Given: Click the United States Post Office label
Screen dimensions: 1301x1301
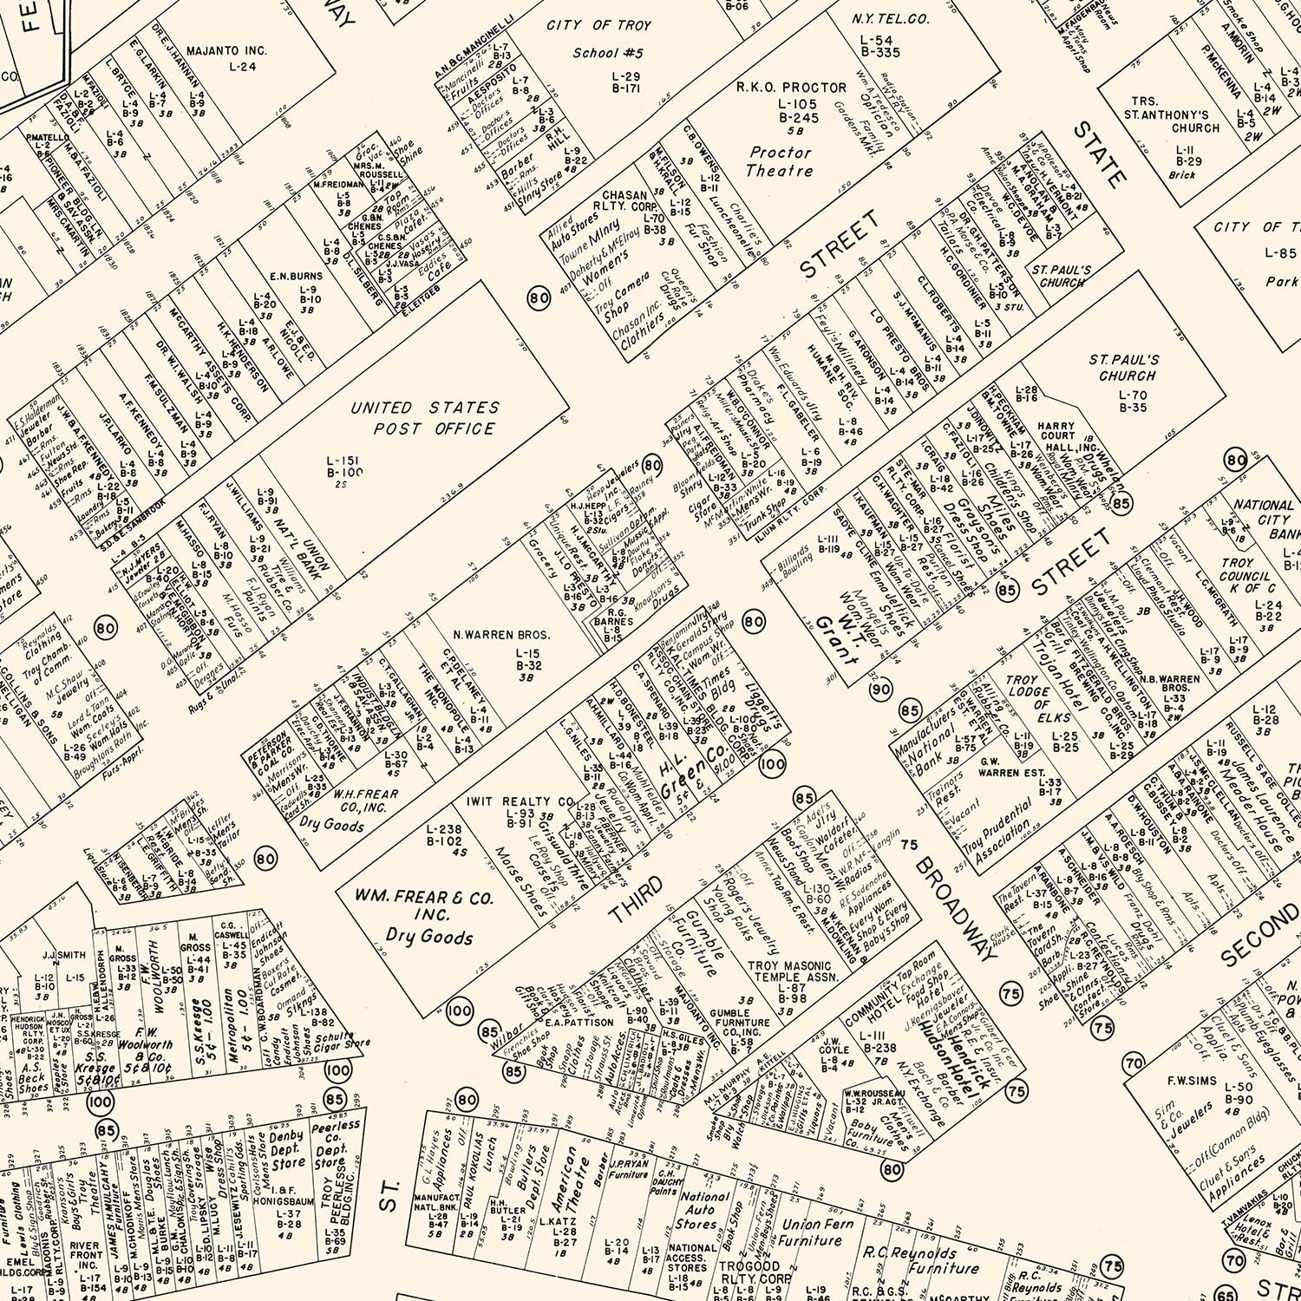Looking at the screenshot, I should (x=424, y=418).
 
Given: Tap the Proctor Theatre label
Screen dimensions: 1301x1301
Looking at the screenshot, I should (x=779, y=161).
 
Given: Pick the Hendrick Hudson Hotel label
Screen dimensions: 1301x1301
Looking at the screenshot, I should (x=941, y=1032).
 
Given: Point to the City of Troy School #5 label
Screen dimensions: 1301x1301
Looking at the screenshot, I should (x=598, y=39).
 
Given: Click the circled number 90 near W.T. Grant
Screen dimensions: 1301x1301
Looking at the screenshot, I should (x=880, y=690).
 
